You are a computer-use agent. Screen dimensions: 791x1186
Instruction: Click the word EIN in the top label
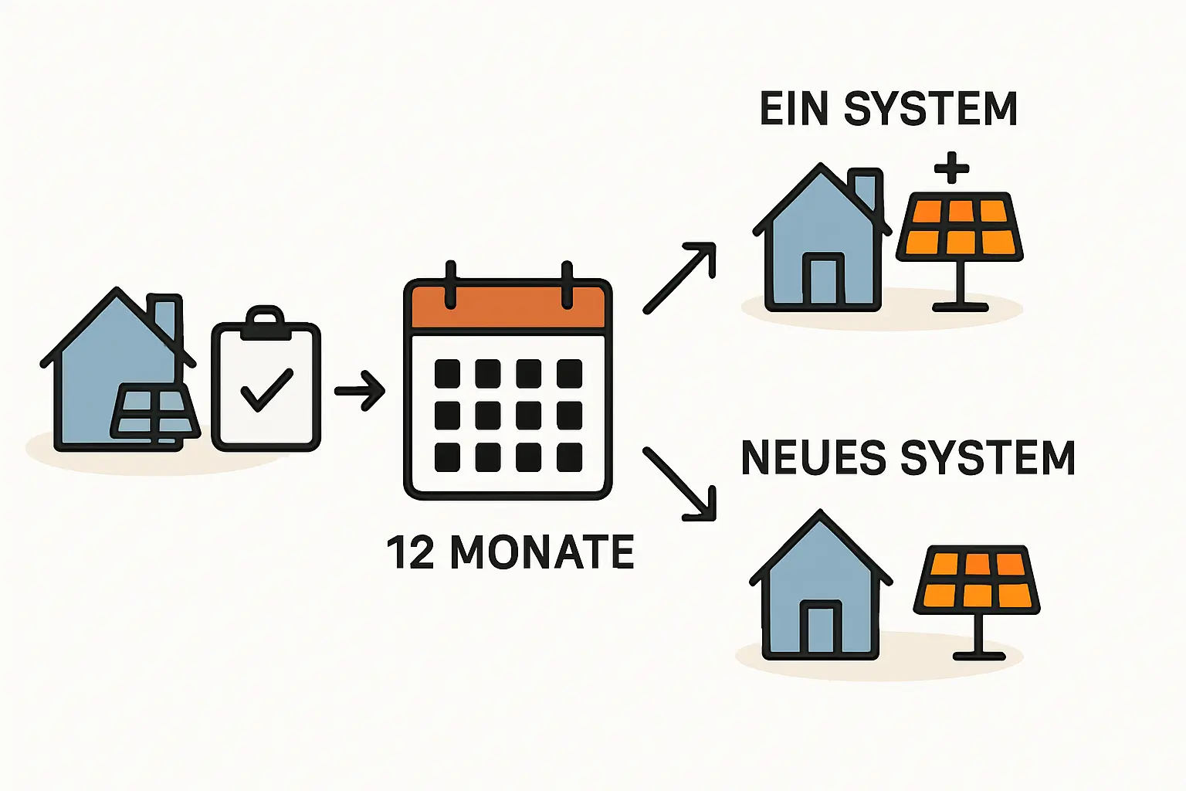pyautogui.click(x=795, y=109)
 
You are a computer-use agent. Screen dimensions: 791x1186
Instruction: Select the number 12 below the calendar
pyautogui.click(x=410, y=552)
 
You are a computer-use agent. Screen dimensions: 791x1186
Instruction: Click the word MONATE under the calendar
pyautogui.click(x=541, y=552)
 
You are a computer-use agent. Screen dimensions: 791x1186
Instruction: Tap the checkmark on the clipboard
pyautogui.click(x=266, y=389)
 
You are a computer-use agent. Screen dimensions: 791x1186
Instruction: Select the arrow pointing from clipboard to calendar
pyautogui.click(x=360, y=391)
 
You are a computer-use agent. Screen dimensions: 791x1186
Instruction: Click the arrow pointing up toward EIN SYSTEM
pyautogui.click(x=680, y=277)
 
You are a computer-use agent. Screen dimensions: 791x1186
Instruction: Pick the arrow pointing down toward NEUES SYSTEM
pyautogui.click(x=680, y=483)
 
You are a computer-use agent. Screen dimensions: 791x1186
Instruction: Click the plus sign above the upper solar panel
pyautogui.click(x=951, y=167)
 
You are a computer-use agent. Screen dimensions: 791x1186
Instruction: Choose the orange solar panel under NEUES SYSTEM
pyautogui.click(x=978, y=580)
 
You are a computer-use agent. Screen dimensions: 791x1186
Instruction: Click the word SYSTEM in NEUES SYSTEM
pyautogui.click(x=988, y=458)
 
